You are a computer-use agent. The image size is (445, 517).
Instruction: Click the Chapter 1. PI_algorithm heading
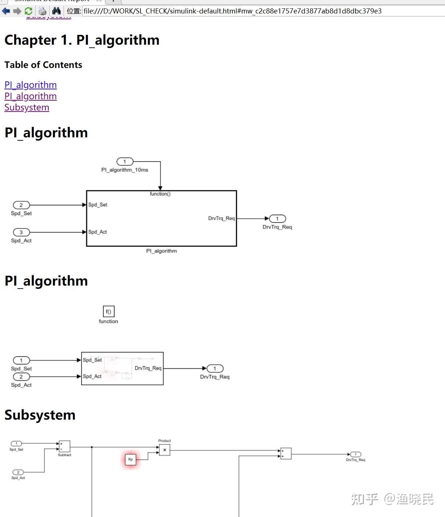pos(82,40)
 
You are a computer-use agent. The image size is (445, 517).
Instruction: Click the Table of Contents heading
pos(43,65)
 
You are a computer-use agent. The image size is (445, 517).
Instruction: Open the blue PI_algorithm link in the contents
pos(31,85)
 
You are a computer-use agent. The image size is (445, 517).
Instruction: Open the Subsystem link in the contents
pos(27,108)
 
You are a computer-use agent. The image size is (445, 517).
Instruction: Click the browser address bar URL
pos(232,11)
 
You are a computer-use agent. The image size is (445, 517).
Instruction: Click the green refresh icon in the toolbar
pos(28,11)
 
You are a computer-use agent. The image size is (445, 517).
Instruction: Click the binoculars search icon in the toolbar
pos(56,11)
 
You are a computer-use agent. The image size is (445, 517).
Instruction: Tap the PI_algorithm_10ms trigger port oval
pos(125,161)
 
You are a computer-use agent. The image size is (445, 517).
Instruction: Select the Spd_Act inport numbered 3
pos(21,232)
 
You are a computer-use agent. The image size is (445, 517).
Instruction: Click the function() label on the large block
pos(160,194)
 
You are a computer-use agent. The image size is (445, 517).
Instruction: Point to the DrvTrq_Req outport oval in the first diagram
pos(278,219)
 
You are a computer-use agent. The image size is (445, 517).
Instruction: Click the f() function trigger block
pos(109,311)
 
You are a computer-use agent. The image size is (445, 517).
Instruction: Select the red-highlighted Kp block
pos(130,459)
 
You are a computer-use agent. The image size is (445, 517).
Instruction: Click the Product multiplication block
pos(165,450)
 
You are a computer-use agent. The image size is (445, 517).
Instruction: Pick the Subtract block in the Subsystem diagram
pos(65,446)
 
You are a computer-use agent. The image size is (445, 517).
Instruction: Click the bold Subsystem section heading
pos(40,415)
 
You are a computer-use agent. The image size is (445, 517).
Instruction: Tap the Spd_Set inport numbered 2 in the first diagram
pos(21,205)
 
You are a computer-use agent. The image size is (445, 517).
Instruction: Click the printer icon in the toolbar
pos(42,11)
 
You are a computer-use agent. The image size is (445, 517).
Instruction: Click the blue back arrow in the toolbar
pos(6,11)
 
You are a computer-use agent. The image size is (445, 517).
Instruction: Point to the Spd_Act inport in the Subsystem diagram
pos(18,472)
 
